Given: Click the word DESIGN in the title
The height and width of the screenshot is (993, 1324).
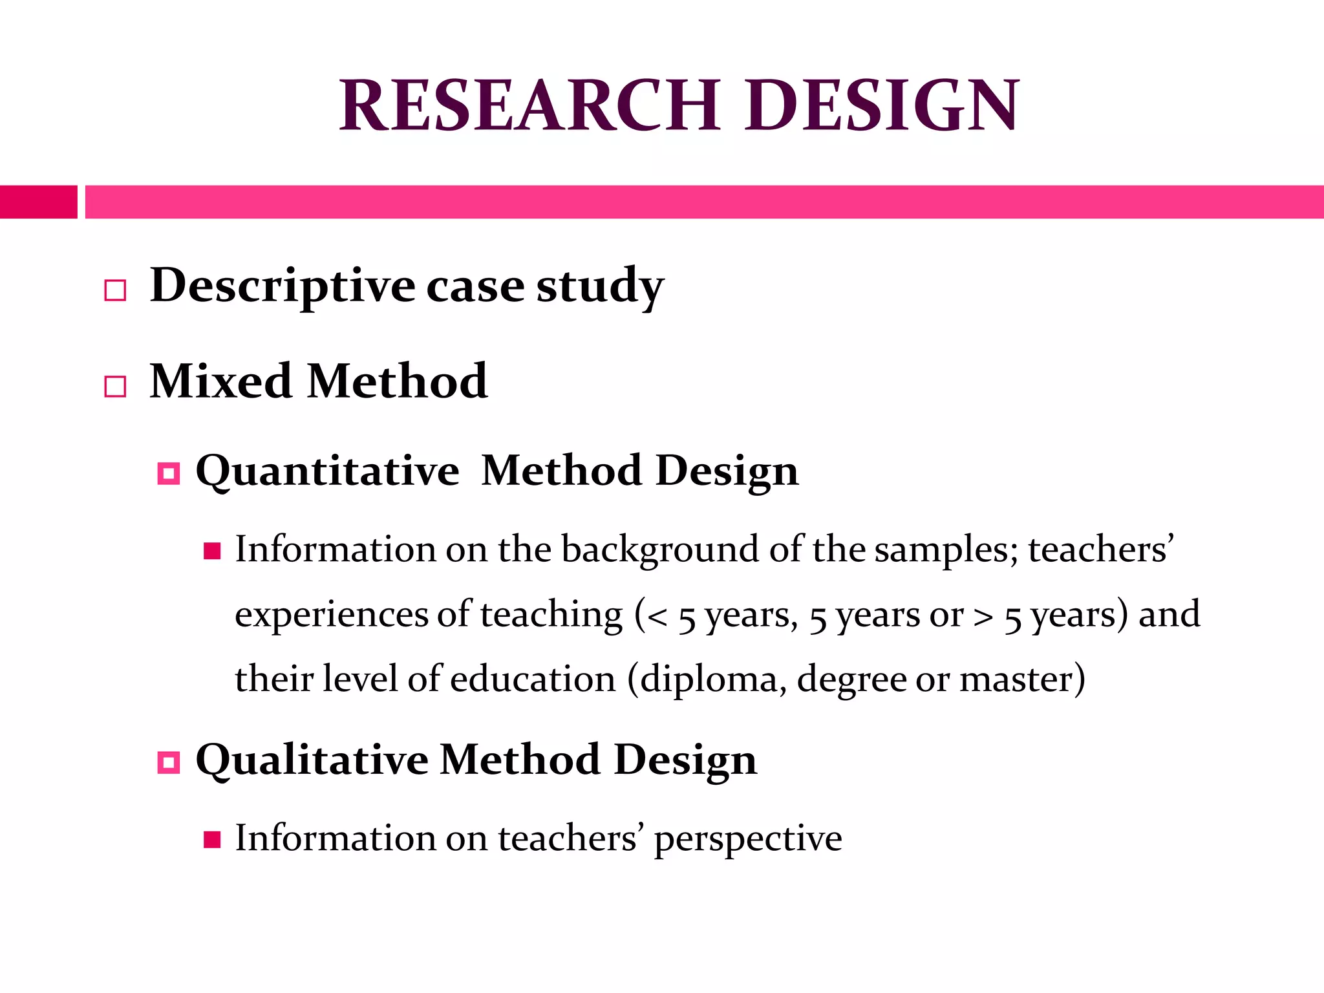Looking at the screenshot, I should click(882, 105).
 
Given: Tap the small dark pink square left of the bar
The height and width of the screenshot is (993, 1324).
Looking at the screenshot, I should click(38, 202).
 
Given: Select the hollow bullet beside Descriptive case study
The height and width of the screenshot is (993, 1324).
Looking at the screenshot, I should click(115, 290).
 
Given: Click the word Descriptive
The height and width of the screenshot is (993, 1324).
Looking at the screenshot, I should click(283, 286).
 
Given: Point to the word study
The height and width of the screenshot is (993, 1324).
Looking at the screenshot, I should click(600, 286).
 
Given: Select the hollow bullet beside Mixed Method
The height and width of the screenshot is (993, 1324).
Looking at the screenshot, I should click(115, 387).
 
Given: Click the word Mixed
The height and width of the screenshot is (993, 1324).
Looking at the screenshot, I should click(220, 381).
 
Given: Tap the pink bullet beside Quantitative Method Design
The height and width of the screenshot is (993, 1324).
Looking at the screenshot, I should click(169, 474).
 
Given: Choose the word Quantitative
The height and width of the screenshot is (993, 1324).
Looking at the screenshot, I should click(327, 471).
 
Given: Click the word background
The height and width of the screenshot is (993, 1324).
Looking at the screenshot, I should click(660, 550).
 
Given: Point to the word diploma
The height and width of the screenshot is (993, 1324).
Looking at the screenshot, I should click(713, 680).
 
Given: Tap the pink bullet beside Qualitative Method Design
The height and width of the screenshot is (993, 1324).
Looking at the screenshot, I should click(169, 763).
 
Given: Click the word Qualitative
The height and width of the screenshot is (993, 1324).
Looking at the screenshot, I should click(312, 760).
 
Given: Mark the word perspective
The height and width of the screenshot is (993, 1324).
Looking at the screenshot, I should click(748, 839).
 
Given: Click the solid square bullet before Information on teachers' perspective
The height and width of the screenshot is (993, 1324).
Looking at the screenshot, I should click(212, 839).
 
